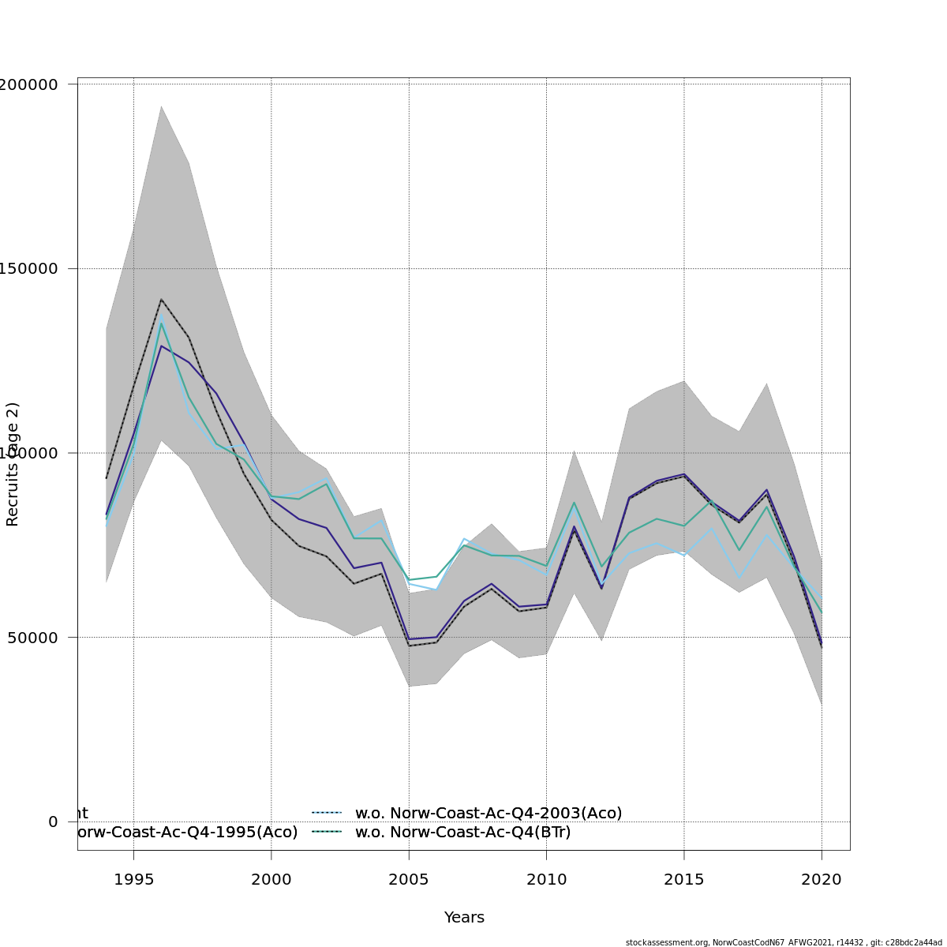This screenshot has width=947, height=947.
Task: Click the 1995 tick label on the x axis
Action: point(133,880)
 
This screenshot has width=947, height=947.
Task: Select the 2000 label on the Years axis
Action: point(271,880)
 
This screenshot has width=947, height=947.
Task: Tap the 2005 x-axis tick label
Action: point(409,880)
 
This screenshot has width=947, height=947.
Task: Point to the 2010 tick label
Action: point(546,880)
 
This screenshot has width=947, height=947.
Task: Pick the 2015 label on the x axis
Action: point(684,880)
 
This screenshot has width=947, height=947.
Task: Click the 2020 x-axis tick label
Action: point(822,880)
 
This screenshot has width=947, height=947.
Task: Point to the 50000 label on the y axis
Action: point(35,638)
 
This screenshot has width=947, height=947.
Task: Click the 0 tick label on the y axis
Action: point(53,822)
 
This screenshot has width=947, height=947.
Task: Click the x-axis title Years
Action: point(464,918)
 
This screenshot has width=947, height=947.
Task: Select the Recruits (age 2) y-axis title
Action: point(13,464)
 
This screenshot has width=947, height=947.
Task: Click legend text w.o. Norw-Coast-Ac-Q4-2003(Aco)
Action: point(488,813)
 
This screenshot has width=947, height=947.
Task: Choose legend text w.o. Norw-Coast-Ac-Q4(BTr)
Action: point(463,833)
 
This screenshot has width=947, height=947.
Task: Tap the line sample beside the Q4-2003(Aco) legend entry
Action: point(326,813)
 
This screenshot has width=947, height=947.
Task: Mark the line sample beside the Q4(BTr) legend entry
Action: point(326,833)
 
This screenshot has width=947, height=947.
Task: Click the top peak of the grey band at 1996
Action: point(161,106)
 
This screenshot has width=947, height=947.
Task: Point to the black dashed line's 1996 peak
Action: point(161,299)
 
